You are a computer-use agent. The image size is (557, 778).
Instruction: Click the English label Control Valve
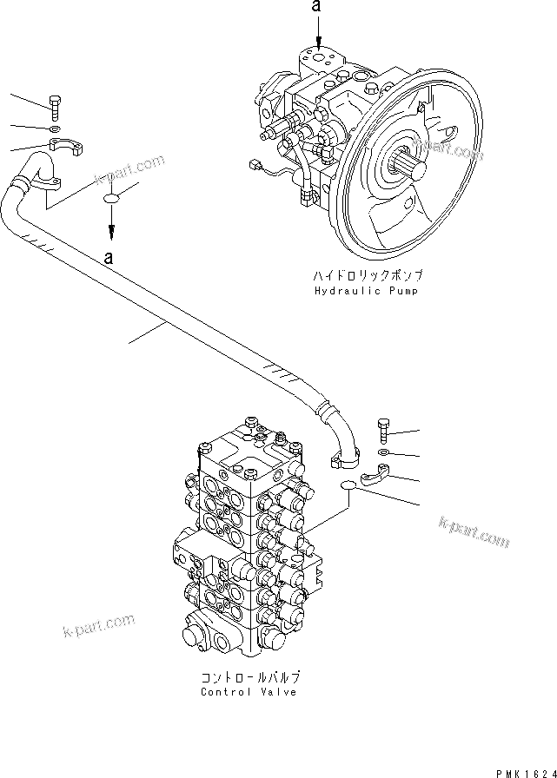point(249,692)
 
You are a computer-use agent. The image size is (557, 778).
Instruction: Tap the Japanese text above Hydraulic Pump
point(367,276)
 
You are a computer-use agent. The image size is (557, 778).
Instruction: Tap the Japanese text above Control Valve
point(249,677)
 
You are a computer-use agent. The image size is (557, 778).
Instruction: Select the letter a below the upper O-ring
point(109,258)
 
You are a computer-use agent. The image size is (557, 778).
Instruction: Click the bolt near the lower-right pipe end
point(385,430)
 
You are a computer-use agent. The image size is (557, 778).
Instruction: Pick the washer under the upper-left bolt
point(54,130)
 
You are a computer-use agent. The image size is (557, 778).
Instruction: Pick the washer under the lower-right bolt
point(385,452)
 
